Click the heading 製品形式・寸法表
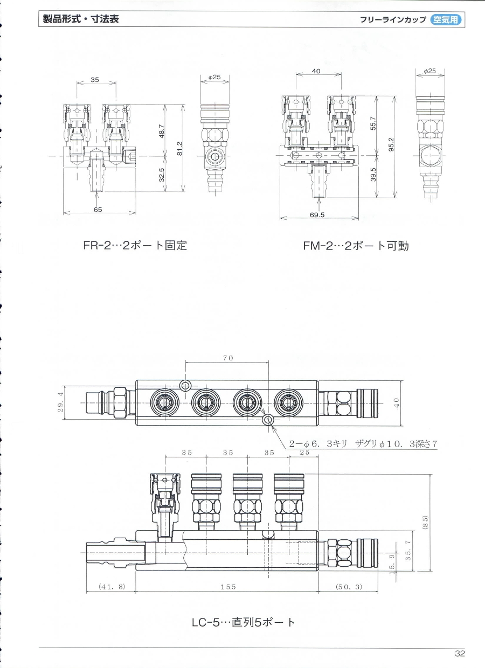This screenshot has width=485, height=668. pyautogui.click(x=81, y=19)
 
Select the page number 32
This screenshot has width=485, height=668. pyautogui.click(x=460, y=653)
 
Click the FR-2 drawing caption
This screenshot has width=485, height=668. pyautogui.click(x=135, y=246)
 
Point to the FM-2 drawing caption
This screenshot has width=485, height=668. pyautogui.click(x=356, y=246)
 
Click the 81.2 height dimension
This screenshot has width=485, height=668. pyautogui.click(x=180, y=148)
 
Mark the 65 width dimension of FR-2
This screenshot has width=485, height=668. pyautogui.click(x=98, y=210)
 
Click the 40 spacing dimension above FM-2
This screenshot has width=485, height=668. pyautogui.click(x=316, y=71)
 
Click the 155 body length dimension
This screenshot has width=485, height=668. pyautogui.click(x=228, y=587)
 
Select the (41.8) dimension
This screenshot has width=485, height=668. pyautogui.click(x=111, y=587)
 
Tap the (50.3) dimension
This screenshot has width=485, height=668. pyautogui.click(x=348, y=587)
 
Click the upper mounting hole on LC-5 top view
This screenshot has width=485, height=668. pyautogui.click(x=186, y=386)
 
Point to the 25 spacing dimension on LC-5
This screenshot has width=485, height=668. pyautogui.click(x=304, y=453)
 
